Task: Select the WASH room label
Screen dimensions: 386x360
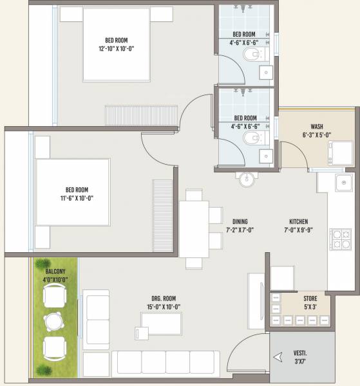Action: click(316, 127)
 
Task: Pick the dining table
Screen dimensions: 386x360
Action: click(193, 229)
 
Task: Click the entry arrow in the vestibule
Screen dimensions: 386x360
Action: click(278, 357)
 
